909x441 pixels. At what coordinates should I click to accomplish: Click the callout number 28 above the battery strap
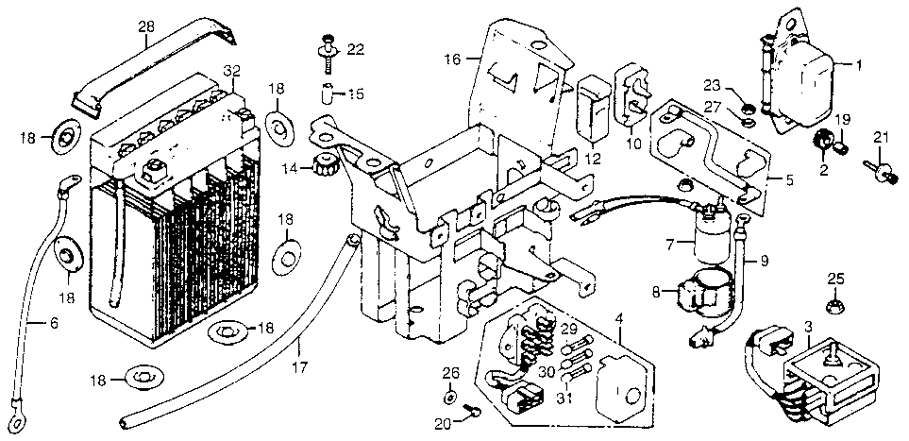147,26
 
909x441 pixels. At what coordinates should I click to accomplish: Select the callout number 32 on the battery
231,71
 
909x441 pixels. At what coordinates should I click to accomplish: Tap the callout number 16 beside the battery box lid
452,59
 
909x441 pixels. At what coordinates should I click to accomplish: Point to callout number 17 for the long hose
300,366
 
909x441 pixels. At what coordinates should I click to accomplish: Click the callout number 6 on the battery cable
54,324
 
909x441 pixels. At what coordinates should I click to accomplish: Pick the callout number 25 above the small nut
835,278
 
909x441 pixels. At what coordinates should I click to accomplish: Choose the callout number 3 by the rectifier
808,326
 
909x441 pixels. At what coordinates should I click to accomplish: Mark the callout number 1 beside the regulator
859,65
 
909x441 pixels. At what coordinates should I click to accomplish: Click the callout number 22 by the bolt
355,50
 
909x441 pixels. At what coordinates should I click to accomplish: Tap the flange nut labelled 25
833,303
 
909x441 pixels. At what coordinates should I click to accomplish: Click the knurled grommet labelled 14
325,167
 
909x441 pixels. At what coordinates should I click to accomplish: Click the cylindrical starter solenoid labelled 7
712,236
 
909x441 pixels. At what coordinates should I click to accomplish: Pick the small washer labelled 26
450,399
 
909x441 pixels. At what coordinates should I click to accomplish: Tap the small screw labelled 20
474,412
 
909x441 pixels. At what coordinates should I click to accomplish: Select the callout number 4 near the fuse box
620,318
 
